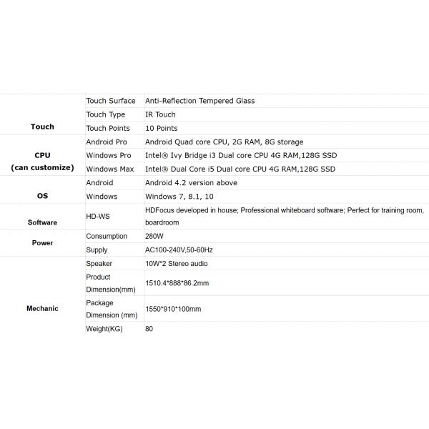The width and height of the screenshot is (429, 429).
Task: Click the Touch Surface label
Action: point(110,101)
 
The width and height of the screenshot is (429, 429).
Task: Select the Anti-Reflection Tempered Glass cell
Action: point(199,101)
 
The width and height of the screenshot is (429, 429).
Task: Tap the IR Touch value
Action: point(160,114)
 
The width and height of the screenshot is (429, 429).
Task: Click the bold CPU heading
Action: point(42,155)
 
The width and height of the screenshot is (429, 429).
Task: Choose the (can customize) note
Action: point(42,167)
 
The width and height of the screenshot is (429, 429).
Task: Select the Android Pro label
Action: point(107,142)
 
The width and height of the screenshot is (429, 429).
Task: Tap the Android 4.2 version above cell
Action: point(191,182)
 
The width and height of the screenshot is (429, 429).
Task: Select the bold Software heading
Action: point(42,222)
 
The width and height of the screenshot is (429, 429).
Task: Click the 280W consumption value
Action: point(156,236)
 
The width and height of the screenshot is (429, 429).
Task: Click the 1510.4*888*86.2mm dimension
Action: point(177,283)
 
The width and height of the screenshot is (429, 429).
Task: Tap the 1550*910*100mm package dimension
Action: point(173,309)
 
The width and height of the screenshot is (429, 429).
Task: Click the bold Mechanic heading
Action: point(42,308)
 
